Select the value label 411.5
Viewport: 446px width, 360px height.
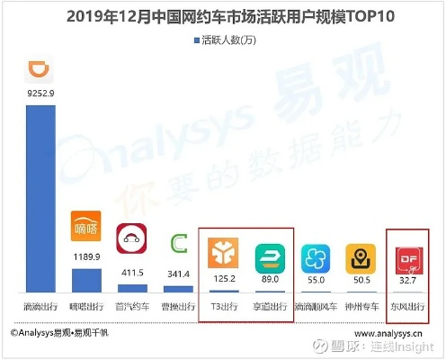click(133, 271)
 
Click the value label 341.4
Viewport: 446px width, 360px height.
click(179, 273)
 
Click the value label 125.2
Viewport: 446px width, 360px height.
click(224, 279)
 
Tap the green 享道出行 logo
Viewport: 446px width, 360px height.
click(270, 255)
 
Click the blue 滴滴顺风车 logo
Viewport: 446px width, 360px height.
click(316, 257)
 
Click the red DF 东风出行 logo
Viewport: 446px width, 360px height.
click(407, 257)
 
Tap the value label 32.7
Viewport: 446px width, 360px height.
click(407, 281)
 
